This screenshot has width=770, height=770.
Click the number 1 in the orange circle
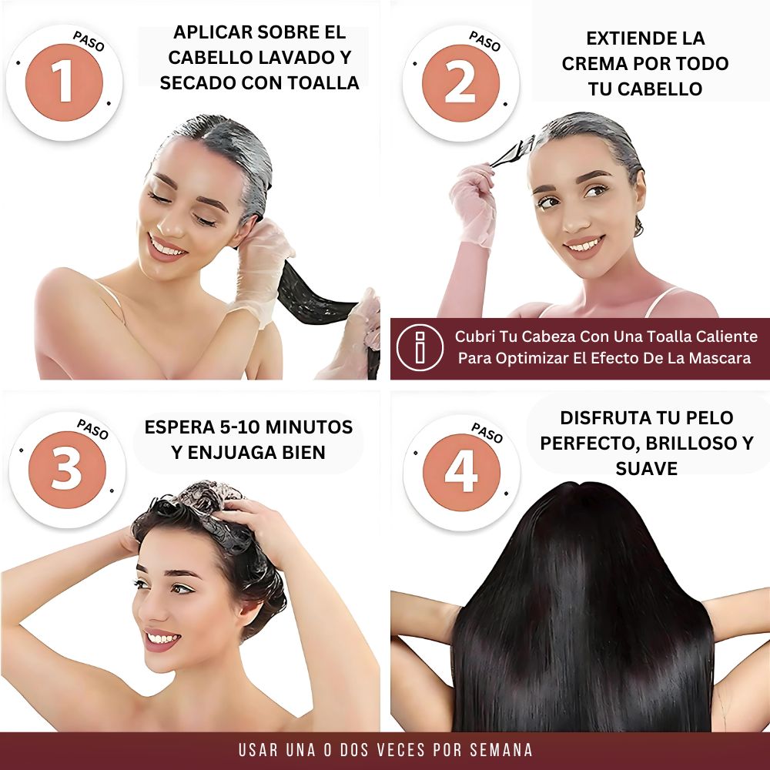pyautogui.click(x=63, y=82)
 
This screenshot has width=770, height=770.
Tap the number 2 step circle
pyautogui.click(x=460, y=82)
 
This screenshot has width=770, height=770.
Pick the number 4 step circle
pyautogui.click(x=461, y=471)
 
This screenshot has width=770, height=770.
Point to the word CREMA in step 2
pyautogui.click(x=592, y=63)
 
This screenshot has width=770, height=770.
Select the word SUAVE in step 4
pyautogui.click(x=646, y=468)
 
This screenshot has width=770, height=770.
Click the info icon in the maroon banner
pyautogui.click(x=419, y=348)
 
